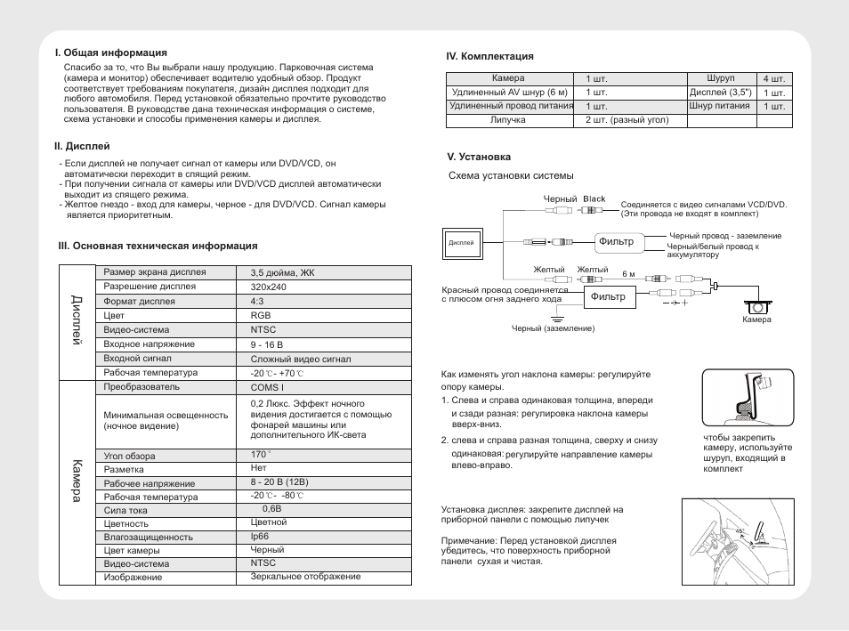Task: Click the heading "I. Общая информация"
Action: click(110, 53)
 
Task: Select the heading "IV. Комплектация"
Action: click(489, 57)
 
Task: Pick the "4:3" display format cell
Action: click(258, 302)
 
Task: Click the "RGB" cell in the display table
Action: click(261, 316)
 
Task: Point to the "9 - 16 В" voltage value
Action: click(268, 344)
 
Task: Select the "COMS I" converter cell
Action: click(268, 388)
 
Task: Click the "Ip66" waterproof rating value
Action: click(260, 537)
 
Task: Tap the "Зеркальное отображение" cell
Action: click(305, 577)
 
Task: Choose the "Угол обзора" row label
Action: click(129, 457)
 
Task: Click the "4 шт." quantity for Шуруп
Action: click(773, 78)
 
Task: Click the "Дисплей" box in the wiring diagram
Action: click(461, 242)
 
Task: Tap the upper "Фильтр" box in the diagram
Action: click(615, 241)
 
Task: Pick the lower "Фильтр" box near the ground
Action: click(610, 296)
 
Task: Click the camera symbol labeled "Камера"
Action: click(756, 304)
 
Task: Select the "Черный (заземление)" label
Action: click(552, 328)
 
